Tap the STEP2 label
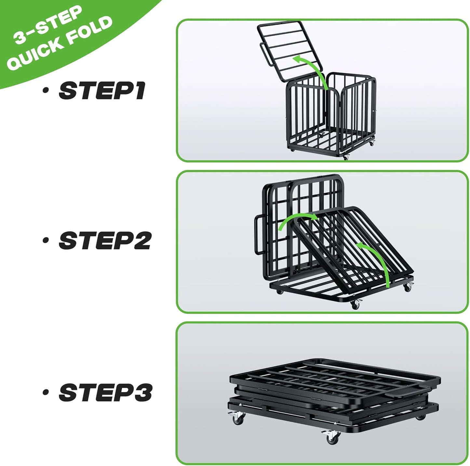click(x=105, y=241)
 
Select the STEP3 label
click(x=105, y=392)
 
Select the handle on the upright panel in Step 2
click(x=258, y=235)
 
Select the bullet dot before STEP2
click(x=46, y=241)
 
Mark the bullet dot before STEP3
click(x=46, y=392)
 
